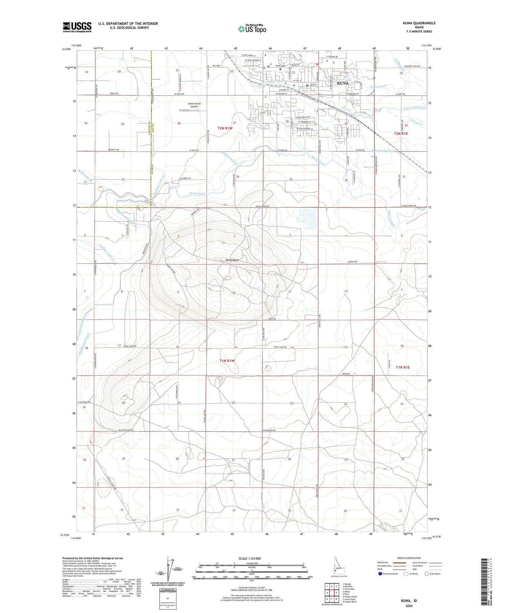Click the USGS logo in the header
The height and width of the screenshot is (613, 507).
pyautogui.click(x=77, y=27)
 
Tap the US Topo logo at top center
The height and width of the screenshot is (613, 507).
pyautogui.click(x=252, y=29)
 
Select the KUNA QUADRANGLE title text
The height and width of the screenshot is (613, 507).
pyautogui.click(x=419, y=23)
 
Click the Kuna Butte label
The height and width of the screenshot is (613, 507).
pyautogui.click(x=232, y=260)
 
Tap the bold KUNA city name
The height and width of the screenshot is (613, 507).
pyautogui.click(x=342, y=83)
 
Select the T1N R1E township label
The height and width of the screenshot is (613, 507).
pyautogui.click(x=403, y=367)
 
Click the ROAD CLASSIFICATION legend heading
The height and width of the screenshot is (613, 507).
pyautogui.click(x=409, y=558)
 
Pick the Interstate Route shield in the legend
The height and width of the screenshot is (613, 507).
pyautogui.click(x=381, y=574)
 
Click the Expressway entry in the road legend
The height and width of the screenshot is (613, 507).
pyautogui.click(x=384, y=563)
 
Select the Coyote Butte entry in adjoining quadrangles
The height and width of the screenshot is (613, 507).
pyautogui.click(x=350, y=602)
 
